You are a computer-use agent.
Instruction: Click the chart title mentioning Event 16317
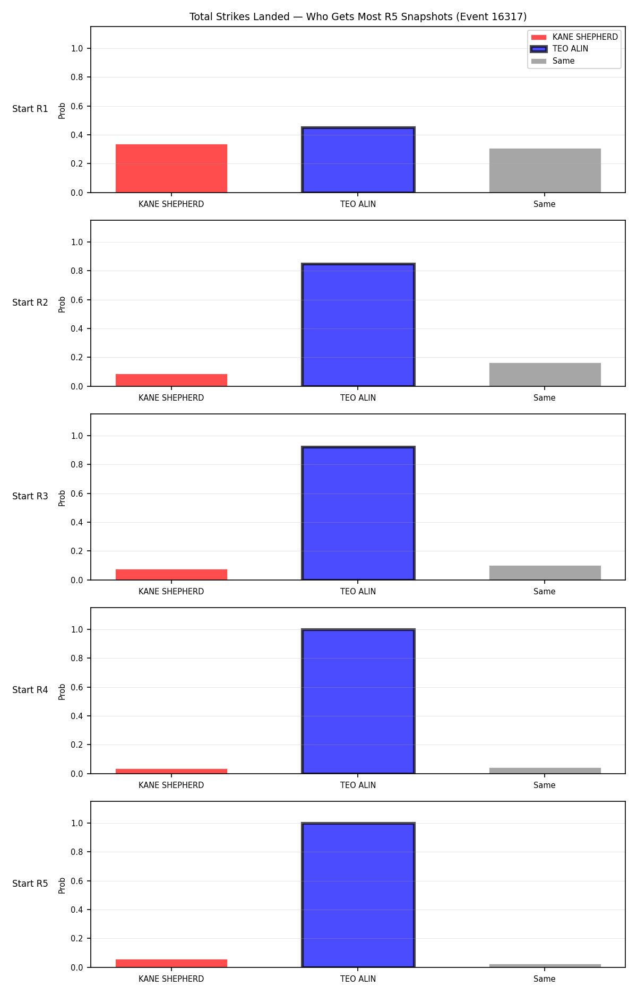tap(358, 17)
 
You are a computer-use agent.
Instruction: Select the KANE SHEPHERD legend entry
tap(574, 37)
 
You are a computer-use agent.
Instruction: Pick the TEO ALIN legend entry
tap(559, 49)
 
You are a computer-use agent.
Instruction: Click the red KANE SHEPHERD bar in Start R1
tap(171, 168)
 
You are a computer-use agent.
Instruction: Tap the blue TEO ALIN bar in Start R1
tap(358, 160)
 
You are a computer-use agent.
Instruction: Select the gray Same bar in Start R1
tap(545, 170)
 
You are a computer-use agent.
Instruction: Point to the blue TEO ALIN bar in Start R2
tap(358, 325)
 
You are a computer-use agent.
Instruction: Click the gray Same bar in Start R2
tap(545, 375)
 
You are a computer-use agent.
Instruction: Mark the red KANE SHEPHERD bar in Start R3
tap(171, 575)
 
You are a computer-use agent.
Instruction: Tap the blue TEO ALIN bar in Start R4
tap(358, 702)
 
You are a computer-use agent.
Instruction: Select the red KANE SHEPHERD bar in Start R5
tap(171, 963)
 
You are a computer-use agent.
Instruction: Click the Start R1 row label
tap(30, 109)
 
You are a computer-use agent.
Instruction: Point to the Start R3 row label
tap(30, 496)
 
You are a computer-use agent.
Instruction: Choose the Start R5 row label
tap(30, 884)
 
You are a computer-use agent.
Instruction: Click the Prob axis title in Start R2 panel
tap(62, 304)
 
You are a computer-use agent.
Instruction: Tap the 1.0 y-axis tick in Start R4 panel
tap(77, 629)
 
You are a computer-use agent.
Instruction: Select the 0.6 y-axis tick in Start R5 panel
tap(77, 881)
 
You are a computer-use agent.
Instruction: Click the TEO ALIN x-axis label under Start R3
tap(358, 592)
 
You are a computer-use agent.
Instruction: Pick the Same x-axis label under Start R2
tap(545, 398)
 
